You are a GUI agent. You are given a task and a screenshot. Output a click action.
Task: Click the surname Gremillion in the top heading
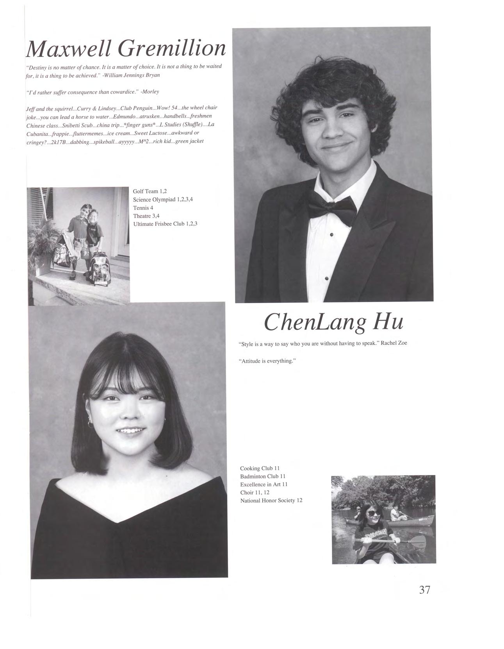tap(172, 49)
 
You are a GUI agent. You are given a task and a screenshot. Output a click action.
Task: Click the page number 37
tap(424, 590)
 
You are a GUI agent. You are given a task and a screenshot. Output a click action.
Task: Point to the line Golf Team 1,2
tap(150, 191)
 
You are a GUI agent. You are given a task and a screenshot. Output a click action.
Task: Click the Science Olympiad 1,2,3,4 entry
tap(163, 200)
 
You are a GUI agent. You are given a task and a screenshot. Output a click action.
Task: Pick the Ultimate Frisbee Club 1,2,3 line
tap(165, 224)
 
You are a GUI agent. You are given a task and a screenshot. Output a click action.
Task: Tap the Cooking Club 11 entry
tap(260, 468)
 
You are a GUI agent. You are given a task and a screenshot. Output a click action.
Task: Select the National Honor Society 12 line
tap(271, 501)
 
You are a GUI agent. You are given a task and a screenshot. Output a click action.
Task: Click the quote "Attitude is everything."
tap(267, 361)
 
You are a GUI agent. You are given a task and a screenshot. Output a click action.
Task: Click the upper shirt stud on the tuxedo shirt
tap(331, 235)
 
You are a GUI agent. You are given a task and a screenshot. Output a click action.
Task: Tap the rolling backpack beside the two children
tap(100, 270)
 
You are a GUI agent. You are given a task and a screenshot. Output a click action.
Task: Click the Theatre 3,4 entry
tap(146, 216)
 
